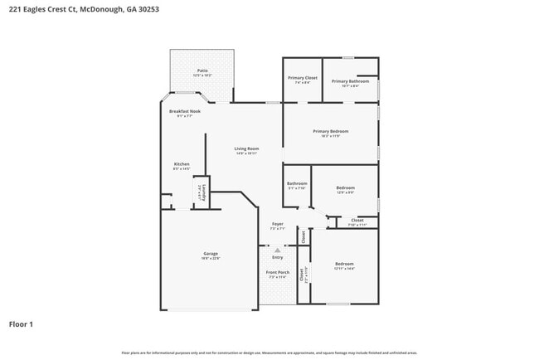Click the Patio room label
point(202,72)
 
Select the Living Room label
point(246,150)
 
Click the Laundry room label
point(200,192)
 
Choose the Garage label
point(211,255)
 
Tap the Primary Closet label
point(302,80)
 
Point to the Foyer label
point(278,225)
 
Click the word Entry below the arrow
point(278,257)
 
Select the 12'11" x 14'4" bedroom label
point(344,265)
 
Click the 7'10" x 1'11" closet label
point(357,221)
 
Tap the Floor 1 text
point(21,324)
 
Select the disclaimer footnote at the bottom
point(269,353)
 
